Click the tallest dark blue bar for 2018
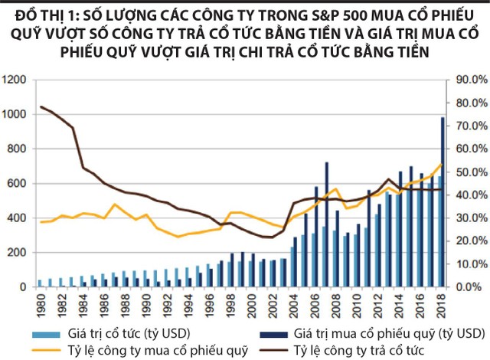coord(442,199)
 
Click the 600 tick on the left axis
coord(17,183)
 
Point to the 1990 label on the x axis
coord(145,299)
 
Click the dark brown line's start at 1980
coord(41,106)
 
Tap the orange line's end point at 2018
coord(442,164)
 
